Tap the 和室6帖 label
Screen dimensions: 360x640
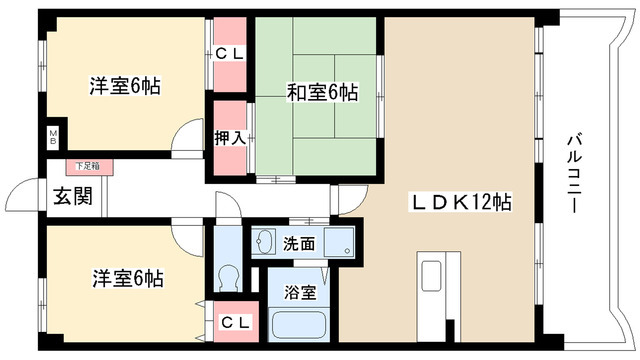coord(322,94)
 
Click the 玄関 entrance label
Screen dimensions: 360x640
coord(72,196)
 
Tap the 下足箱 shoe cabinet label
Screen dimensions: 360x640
coord(84,165)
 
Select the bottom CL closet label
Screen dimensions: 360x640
coord(236,322)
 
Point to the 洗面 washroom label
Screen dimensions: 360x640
coord(298,243)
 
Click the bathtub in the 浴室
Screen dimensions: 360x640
coord(301,326)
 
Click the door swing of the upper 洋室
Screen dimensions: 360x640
coord(183,136)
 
